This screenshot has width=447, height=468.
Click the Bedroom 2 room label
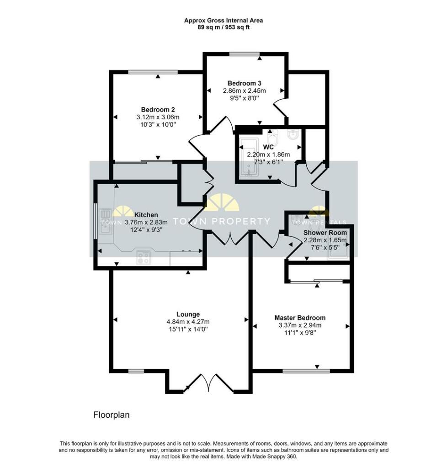[x=158, y=110]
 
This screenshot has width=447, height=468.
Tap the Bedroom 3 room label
[x=245, y=83]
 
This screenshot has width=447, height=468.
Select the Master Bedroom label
[x=300, y=318]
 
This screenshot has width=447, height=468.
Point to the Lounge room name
[x=188, y=314]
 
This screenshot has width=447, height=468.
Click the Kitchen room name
[x=146, y=215]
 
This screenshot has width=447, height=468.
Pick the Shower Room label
[x=325, y=233]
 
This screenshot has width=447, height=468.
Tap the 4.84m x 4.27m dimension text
[x=188, y=322]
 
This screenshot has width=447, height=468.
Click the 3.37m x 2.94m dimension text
[x=300, y=325]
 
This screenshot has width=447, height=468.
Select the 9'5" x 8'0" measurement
[x=245, y=98]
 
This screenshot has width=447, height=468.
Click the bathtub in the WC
[x=249, y=158]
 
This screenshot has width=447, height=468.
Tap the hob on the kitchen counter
[x=144, y=257]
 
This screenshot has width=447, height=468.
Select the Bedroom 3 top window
[x=245, y=54]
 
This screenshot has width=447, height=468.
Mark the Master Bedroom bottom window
[x=306, y=371]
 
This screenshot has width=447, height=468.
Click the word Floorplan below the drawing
[x=112, y=415]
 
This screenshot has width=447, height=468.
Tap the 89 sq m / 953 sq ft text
[x=223, y=27]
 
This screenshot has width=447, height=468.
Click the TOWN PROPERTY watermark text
[x=222, y=221]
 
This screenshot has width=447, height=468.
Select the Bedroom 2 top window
[x=153, y=72]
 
